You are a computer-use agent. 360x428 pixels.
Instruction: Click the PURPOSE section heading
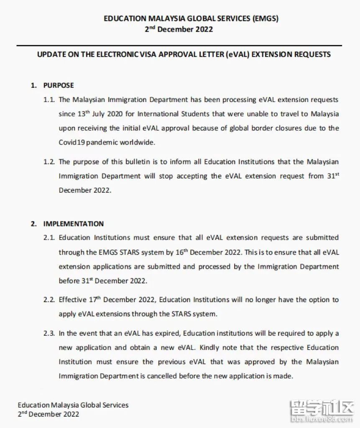point(59,85)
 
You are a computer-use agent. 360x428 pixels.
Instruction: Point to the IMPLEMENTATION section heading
point(74,224)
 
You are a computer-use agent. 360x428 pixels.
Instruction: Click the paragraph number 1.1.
point(49,100)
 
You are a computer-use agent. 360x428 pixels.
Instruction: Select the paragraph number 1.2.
point(49,162)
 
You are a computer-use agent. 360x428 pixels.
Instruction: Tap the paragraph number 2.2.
point(49,300)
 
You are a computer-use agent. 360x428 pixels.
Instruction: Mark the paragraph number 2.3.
point(49,334)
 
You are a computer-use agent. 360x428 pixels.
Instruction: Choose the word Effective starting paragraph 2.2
point(71,300)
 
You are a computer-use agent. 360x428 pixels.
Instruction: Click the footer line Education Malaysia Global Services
point(73,405)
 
